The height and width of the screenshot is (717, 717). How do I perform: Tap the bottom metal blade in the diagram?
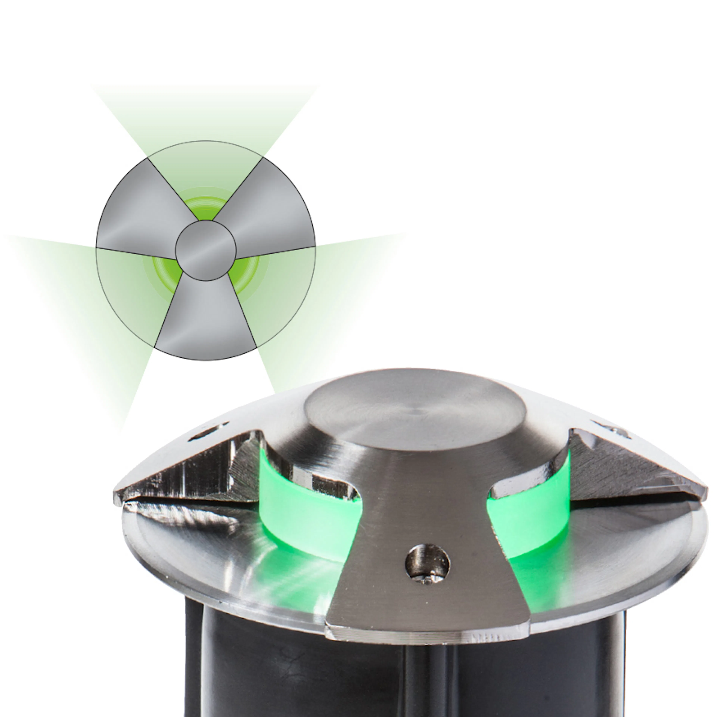[205, 323]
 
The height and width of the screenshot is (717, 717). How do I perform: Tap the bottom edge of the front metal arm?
[427, 635]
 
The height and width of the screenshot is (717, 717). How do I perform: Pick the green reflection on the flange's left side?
[289, 579]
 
